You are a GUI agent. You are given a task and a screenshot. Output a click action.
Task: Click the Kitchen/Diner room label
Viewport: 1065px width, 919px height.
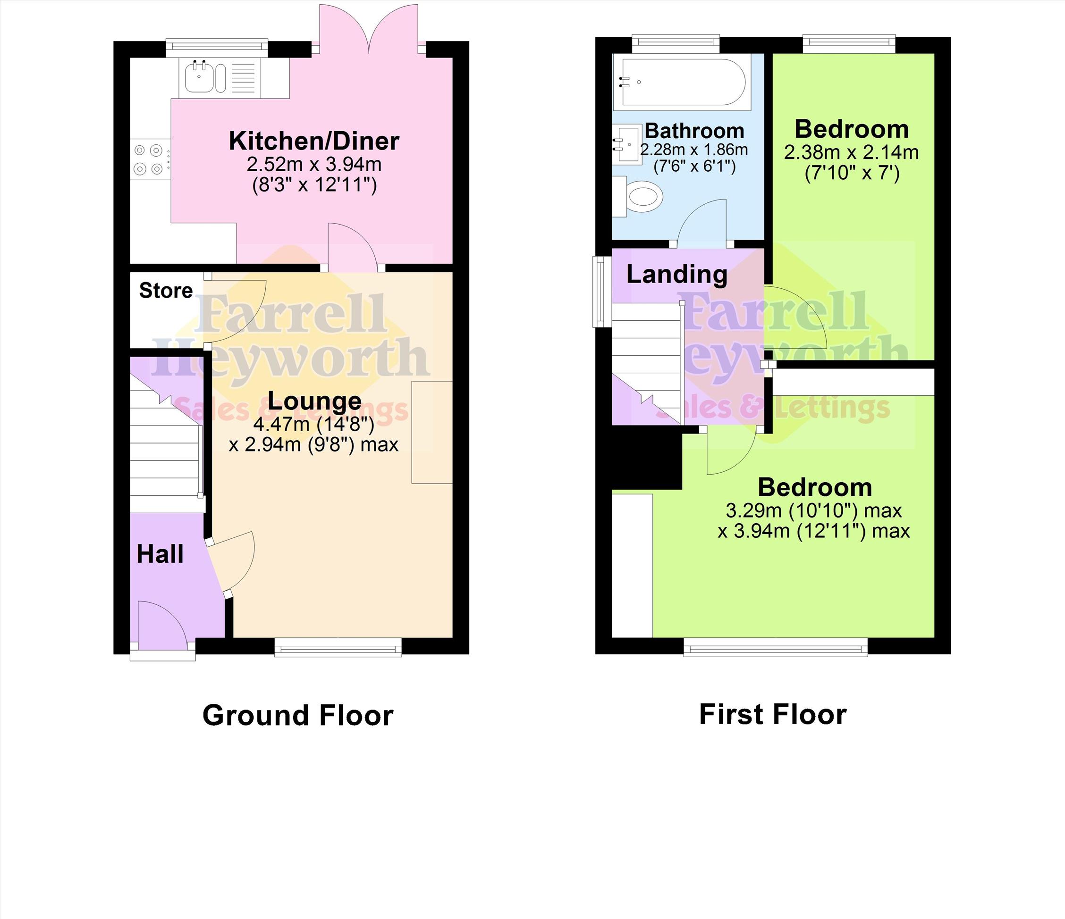click(314, 141)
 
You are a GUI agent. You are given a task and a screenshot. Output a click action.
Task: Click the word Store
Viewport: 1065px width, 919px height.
click(166, 291)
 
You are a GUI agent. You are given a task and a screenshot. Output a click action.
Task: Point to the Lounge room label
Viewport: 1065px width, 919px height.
click(314, 401)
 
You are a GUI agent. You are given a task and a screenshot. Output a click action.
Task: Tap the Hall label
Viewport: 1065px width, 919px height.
click(160, 554)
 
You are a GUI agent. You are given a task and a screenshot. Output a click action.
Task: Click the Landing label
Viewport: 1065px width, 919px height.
click(677, 275)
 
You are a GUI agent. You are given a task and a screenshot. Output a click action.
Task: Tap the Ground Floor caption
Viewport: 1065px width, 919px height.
click(298, 715)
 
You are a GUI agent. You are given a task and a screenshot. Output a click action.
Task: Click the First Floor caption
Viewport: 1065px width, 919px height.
click(772, 715)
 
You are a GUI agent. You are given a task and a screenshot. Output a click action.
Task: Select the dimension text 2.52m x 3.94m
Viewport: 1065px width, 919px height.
click(314, 164)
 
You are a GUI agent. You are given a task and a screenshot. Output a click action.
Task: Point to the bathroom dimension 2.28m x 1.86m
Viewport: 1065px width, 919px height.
click(694, 150)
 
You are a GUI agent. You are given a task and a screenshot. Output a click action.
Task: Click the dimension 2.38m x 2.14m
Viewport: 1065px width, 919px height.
click(852, 152)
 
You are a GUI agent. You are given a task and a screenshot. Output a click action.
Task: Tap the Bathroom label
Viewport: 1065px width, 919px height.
click(694, 131)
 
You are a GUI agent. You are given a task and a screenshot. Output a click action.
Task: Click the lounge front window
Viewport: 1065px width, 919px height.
click(338, 647)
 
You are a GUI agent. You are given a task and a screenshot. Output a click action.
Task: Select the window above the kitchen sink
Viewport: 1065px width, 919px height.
click(217, 47)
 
